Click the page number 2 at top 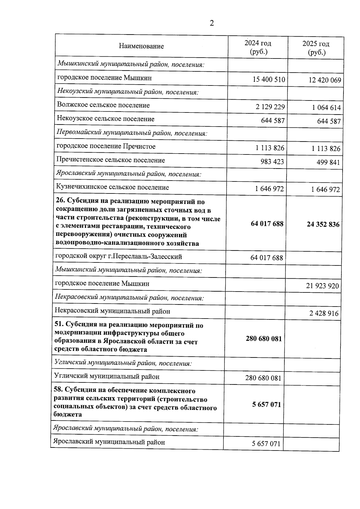[x=211, y=23]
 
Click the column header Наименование [x=141, y=46]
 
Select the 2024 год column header [x=258, y=47]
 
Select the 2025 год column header [x=316, y=48]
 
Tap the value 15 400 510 [x=269, y=79]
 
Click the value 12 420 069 [x=325, y=80]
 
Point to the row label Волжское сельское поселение [x=103, y=105]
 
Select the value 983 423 [x=272, y=162]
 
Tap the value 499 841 [x=328, y=163]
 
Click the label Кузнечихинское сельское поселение [x=112, y=187]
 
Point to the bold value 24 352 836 [x=323, y=224]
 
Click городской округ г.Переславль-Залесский [x=118, y=257]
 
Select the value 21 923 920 [x=322, y=286]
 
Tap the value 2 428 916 [x=324, y=313]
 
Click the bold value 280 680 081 [x=264, y=339]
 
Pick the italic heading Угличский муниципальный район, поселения [x=123, y=363]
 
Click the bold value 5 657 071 [x=266, y=405]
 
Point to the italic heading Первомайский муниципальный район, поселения [x=132, y=133]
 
